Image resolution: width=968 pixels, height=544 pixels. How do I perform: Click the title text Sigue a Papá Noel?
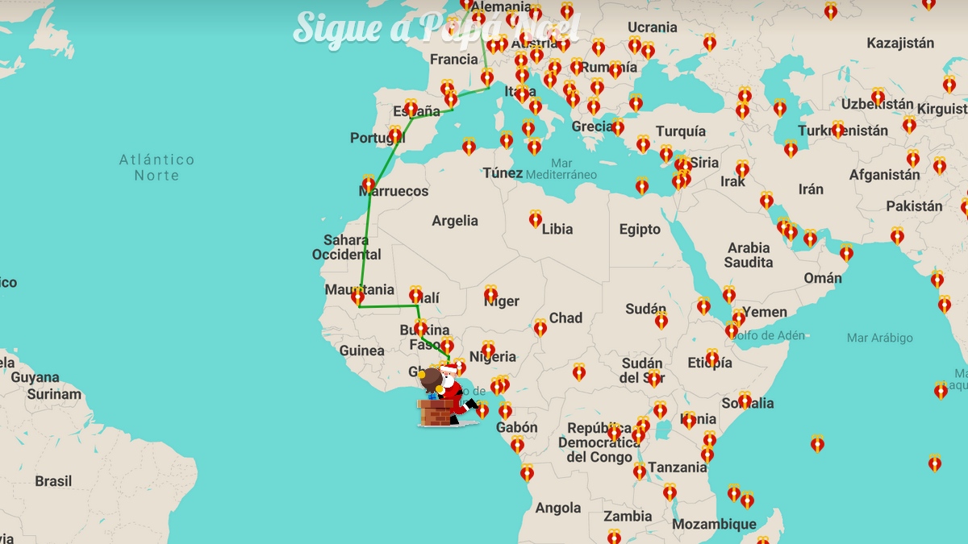[436, 27]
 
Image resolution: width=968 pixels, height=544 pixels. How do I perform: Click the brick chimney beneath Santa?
[436, 413]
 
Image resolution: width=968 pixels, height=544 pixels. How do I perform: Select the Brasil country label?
[53, 481]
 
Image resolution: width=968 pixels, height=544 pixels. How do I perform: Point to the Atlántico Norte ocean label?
[156, 168]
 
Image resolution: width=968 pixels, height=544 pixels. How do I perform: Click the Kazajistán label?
[900, 44]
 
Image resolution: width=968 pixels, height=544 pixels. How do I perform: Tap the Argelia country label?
[455, 221]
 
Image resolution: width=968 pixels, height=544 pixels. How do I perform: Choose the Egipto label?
[640, 230]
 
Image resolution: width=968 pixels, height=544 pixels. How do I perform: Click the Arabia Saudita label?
[749, 255]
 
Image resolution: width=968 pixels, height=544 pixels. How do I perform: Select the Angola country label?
[558, 508]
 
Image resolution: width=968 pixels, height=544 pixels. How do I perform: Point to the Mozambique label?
[714, 524]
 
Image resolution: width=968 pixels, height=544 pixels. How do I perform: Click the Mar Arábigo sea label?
[880, 338]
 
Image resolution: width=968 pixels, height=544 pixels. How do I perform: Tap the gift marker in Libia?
[536, 219]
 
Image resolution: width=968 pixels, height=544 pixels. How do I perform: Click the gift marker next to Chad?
[540, 327]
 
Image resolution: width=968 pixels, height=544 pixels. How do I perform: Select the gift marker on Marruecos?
[369, 184]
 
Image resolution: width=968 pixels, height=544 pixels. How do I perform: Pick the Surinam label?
[54, 394]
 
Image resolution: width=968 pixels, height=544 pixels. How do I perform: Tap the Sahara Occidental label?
[346, 247]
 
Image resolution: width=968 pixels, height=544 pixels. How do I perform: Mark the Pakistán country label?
[914, 206]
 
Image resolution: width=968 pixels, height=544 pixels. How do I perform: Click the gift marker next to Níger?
[490, 294]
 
